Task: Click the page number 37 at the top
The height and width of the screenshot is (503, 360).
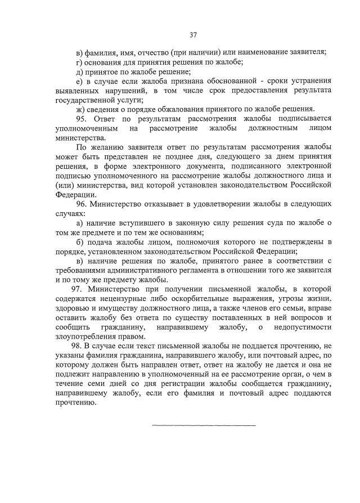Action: pyautogui.click(x=193, y=35)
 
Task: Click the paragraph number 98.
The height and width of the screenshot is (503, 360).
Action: pyautogui.click(x=77, y=344)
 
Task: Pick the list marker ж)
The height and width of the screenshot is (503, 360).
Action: pyautogui.click(x=79, y=109)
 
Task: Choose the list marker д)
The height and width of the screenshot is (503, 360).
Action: pyautogui.click(x=79, y=71)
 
